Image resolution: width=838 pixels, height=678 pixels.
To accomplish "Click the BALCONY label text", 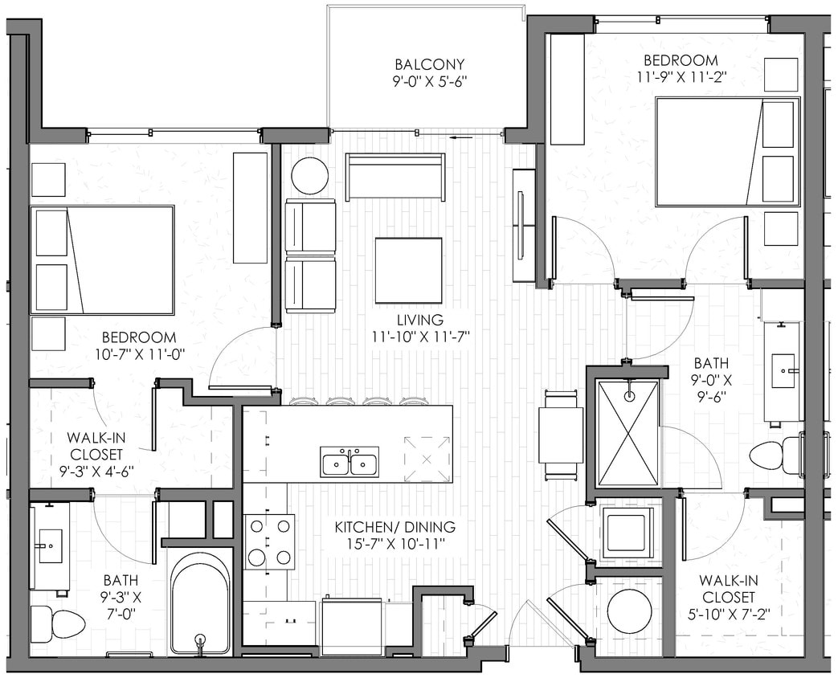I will coord(430,63).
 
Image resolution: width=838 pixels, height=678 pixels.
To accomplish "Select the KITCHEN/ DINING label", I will coord(394,527).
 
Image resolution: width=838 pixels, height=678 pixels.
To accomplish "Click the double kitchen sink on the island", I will coord(350,463).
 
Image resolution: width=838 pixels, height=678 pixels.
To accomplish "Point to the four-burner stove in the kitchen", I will coord(269,541).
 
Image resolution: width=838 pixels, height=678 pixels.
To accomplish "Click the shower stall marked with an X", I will coord(628,433).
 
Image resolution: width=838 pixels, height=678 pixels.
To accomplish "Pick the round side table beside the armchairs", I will coord(309,175).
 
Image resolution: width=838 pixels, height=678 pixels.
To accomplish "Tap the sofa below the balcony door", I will coord(394,177).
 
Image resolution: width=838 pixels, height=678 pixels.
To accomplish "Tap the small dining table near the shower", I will coord(561,435).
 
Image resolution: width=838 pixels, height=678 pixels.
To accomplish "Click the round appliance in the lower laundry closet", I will coord(629,612).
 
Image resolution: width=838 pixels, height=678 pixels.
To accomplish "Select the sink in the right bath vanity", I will coord(783,370).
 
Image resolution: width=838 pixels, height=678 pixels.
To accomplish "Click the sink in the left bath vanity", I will coord(51,545).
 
